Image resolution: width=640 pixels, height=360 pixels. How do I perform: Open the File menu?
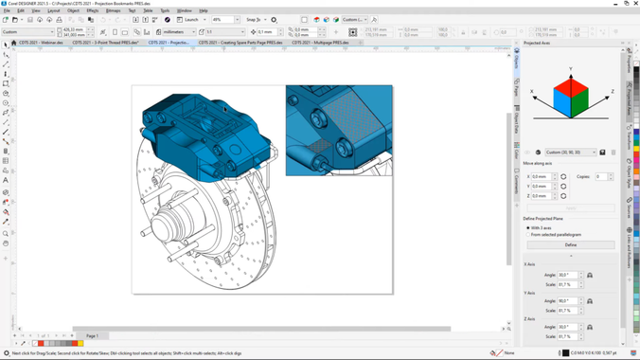pos(7,10)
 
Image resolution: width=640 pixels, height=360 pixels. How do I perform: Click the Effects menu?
pos(93,10)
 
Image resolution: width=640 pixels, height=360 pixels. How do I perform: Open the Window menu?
pos(184,10)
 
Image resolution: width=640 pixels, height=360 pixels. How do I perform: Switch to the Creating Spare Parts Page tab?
pos(240,43)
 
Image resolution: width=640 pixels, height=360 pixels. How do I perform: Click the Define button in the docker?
pos(570,244)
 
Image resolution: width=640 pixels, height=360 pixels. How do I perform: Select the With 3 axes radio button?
pos(528,227)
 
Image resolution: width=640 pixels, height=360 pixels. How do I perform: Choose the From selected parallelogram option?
pos(528,234)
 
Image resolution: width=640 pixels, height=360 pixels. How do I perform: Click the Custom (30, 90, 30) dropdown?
pos(571,152)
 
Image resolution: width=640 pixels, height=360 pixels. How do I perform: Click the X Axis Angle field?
pos(566,276)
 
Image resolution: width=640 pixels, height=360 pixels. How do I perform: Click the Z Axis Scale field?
pos(566,336)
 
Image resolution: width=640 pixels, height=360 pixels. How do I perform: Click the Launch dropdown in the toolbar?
pos(193,19)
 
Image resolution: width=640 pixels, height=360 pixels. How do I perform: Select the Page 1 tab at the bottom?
pos(92,335)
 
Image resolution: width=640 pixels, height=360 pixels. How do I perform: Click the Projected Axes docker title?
pos(538,43)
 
